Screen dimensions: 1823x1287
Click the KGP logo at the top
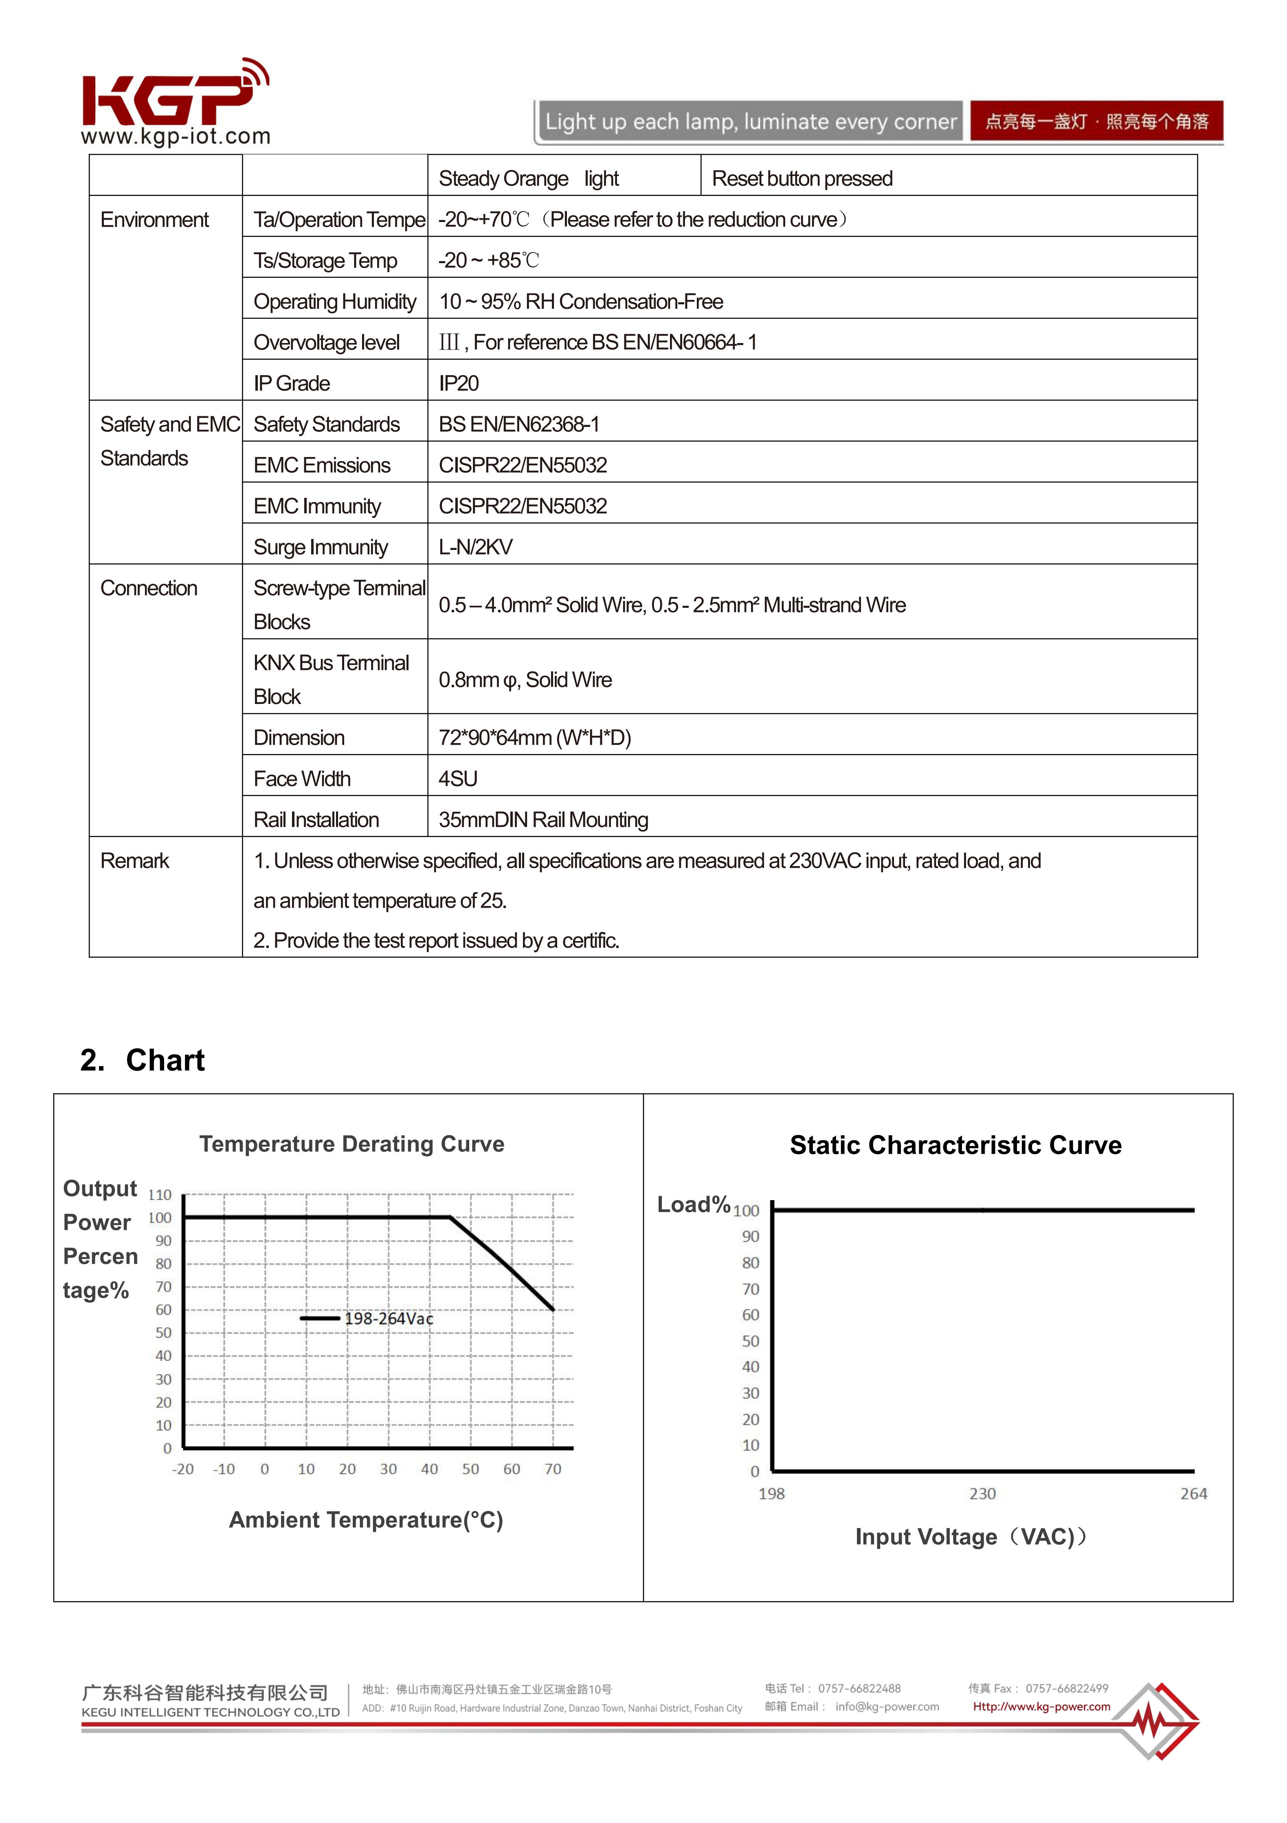click(175, 101)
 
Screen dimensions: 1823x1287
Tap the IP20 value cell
click(459, 383)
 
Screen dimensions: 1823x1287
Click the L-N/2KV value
click(476, 547)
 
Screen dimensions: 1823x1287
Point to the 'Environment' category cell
click(154, 220)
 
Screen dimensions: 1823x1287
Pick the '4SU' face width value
click(458, 779)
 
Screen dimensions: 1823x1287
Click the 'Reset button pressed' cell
click(802, 179)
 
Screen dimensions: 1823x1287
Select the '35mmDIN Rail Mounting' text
click(543, 820)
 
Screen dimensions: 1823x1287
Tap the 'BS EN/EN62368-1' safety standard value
click(518, 425)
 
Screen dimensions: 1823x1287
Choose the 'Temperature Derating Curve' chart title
click(352, 1144)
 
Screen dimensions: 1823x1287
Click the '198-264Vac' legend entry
click(388, 1319)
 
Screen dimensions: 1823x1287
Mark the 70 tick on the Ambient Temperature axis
click(553, 1470)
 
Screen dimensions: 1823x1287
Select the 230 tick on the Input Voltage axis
click(982, 1494)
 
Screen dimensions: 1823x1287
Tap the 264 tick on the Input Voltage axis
click(1193, 1494)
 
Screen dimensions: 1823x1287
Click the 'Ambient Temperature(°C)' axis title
click(366, 1520)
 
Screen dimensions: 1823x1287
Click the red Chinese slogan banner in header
click(1096, 121)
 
